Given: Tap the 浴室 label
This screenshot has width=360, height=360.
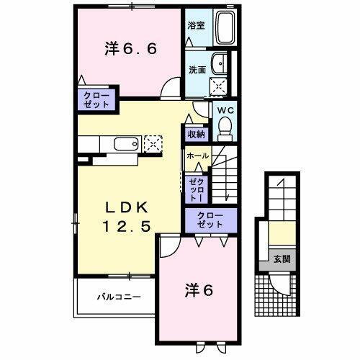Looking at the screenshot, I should pyautogui.click(x=196, y=25).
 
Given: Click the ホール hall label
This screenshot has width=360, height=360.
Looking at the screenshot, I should pyautogui.click(x=197, y=156).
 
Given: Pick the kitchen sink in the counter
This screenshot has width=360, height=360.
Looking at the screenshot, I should pyautogui.click(x=126, y=143).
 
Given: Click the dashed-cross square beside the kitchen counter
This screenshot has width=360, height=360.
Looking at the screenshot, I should pyautogui.click(x=153, y=142).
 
